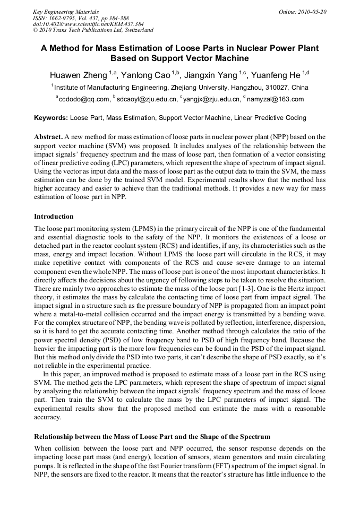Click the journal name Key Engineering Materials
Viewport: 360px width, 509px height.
click(x=66, y=12)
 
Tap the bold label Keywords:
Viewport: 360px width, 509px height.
click(x=51, y=118)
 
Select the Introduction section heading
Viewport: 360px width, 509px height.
click(x=54, y=217)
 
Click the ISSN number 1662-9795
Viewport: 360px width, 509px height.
click(x=64, y=18)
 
